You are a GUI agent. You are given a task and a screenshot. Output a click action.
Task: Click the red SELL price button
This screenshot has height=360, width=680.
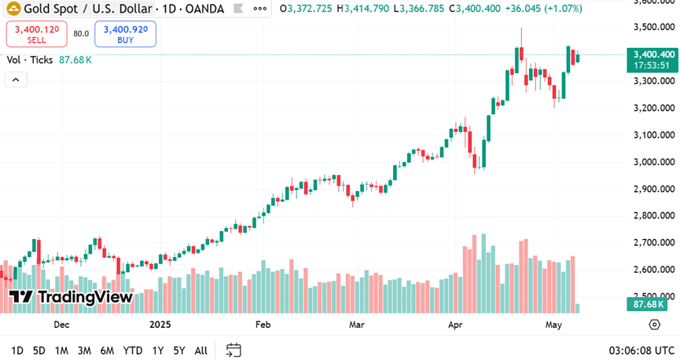[x=36, y=34]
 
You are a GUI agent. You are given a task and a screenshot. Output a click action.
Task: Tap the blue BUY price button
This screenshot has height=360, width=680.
[x=125, y=34]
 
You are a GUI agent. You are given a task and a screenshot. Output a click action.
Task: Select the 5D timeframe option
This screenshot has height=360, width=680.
[x=39, y=351]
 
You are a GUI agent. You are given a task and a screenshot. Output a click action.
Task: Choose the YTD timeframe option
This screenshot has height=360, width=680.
[x=133, y=351]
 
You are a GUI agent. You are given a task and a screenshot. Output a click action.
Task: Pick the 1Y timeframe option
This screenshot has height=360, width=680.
[x=158, y=351]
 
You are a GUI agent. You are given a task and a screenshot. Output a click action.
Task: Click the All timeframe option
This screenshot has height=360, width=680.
[x=201, y=351]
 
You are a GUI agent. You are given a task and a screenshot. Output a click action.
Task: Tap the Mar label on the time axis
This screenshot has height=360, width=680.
[x=358, y=324]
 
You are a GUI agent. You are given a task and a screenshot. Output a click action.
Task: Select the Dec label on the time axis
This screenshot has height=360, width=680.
[x=61, y=324]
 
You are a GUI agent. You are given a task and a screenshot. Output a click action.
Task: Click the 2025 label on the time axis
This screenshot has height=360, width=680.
[x=160, y=324]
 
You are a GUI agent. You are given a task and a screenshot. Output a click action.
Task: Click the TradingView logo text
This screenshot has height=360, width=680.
[x=72, y=297]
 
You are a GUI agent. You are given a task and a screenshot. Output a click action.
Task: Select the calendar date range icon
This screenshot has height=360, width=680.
[x=233, y=350]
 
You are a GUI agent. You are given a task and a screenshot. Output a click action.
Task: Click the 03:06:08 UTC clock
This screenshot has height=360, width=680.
[x=641, y=351]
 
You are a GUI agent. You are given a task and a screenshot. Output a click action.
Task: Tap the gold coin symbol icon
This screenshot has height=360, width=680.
[x=13, y=9]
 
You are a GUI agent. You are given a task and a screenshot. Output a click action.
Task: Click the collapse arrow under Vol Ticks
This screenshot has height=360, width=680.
[x=17, y=79]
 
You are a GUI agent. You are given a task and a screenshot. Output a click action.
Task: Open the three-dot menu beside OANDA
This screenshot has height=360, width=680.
[x=259, y=9]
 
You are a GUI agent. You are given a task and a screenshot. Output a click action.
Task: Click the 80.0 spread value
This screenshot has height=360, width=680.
[x=81, y=34]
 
